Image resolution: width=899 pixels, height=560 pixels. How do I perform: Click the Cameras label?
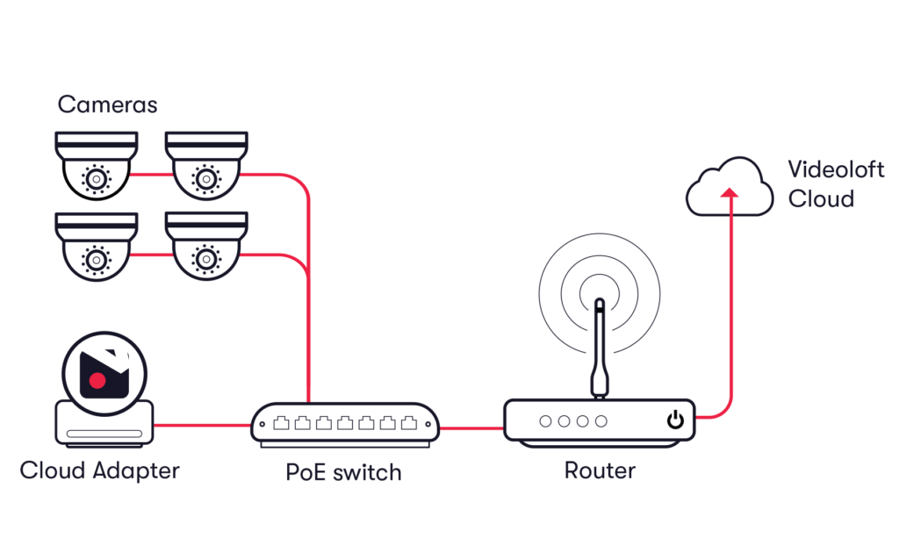(x=107, y=105)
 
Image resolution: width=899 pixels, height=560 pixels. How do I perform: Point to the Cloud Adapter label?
(x=99, y=470)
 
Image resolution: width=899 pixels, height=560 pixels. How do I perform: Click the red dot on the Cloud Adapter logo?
(x=98, y=381)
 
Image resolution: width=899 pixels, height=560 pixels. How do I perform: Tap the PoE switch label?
(x=344, y=472)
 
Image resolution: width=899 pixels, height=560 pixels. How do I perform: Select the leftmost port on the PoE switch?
(x=281, y=423)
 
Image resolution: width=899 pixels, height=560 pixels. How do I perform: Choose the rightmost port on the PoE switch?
(x=408, y=423)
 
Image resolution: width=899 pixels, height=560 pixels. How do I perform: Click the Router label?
(x=600, y=470)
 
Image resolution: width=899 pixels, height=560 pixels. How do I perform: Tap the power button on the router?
(x=674, y=420)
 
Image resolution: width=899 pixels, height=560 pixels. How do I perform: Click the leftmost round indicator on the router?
(x=545, y=421)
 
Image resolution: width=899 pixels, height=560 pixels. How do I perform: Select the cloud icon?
(x=730, y=187)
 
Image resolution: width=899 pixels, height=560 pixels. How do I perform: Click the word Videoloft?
(x=835, y=169)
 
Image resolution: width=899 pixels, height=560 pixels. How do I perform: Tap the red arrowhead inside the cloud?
(x=728, y=192)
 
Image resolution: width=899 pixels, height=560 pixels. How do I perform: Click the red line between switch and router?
(x=471, y=427)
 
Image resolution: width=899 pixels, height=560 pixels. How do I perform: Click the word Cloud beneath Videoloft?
(x=821, y=199)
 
